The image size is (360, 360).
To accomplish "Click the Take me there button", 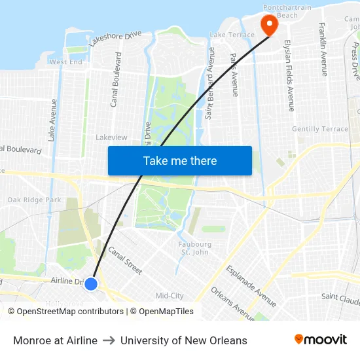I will (x=180, y=160).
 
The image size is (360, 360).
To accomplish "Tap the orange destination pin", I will (x=268, y=25).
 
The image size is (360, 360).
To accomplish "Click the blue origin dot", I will (x=91, y=283).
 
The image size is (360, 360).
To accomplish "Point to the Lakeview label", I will (x=111, y=137).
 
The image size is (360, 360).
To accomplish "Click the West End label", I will (x=66, y=62).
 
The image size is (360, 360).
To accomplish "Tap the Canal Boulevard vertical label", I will (x=116, y=80).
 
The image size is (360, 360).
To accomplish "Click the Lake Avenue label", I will (x=52, y=120).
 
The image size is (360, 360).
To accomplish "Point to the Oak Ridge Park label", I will (x=34, y=200).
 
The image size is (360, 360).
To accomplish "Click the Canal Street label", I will (x=124, y=260).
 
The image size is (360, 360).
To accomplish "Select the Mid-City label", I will (x=170, y=296).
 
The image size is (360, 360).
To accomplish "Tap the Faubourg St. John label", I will (x=195, y=248).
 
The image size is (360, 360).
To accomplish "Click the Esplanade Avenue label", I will (x=251, y=285).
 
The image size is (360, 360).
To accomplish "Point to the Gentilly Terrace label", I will (x=320, y=129).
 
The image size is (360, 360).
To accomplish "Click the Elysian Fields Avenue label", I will (x=289, y=77).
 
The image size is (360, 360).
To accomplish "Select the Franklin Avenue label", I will (x=323, y=49).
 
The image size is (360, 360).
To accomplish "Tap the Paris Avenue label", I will (x=234, y=75).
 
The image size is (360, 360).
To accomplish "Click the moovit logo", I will (x=320, y=340).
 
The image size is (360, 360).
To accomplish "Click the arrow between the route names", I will (x=109, y=340).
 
